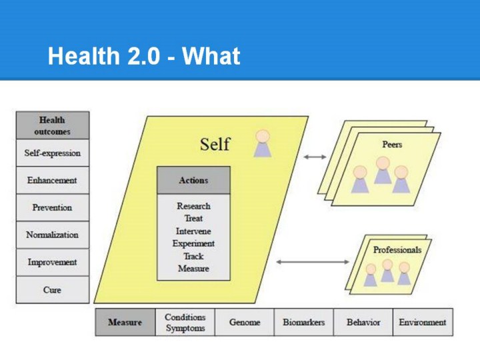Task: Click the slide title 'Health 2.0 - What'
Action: point(143,57)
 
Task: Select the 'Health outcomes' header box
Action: point(52,125)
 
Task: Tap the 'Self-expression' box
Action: point(52,153)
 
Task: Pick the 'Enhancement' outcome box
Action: point(52,180)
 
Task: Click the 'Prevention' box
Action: point(52,207)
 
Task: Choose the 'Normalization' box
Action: point(52,235)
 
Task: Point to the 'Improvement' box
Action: point(52,262)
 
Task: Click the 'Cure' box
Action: point(52,290)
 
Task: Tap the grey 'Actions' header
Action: point(193,180)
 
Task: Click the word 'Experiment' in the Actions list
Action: point(193,243)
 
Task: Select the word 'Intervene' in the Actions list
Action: point(193,231)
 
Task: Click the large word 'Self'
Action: point(215,144)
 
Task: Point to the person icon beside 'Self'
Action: point(263,143)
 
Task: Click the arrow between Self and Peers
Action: point(315,157)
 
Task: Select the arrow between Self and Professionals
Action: point(303,262)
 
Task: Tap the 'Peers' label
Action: point(392,144)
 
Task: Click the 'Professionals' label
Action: point(397,250)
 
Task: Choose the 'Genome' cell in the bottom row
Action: point(244,322)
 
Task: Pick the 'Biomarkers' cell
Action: point(303,322)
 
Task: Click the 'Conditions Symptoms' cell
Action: point(185,322)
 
